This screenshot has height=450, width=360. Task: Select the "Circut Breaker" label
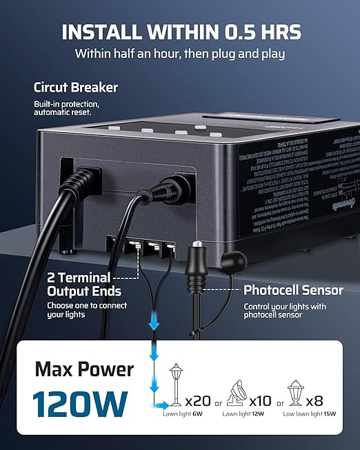click(76, 88)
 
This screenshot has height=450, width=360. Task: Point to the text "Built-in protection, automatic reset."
click(67, 107)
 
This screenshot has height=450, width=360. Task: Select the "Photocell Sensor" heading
click(293, 290)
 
